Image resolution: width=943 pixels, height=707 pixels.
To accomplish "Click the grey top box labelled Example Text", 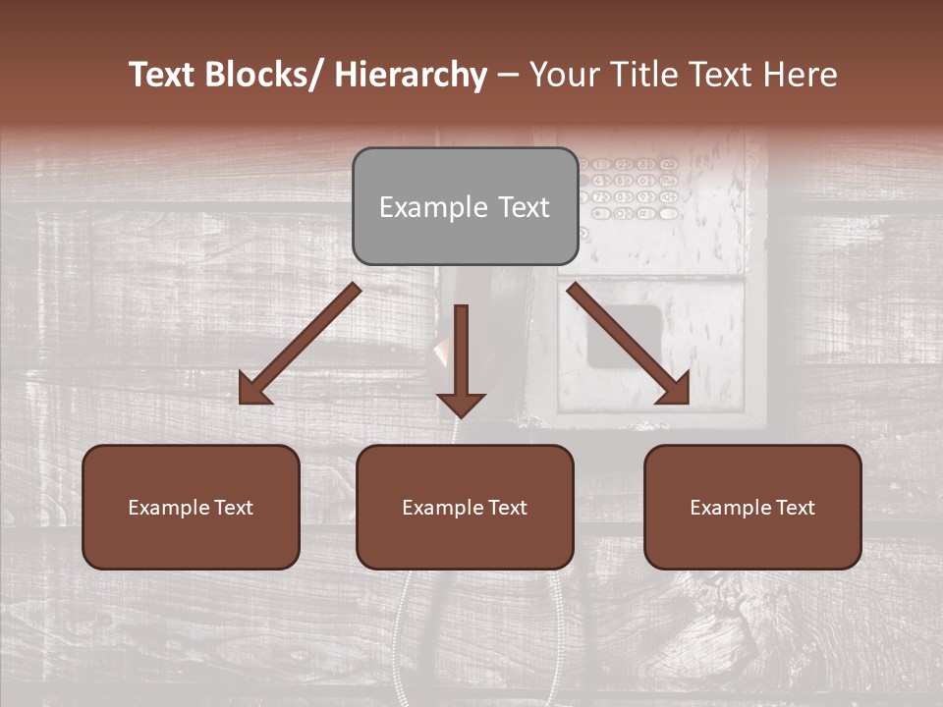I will click(465, 206).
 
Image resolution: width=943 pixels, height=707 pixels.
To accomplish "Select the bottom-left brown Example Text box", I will click(191, 507).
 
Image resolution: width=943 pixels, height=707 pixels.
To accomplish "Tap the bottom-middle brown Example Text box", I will click(465, 507).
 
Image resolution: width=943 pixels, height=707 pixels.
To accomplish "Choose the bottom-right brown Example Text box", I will click(752, 507).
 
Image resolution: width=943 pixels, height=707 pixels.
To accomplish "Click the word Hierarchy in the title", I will click(411, 75).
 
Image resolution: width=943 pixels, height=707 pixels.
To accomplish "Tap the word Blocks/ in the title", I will click(258, 75).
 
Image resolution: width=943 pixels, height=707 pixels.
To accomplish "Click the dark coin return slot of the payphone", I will click(624, 335).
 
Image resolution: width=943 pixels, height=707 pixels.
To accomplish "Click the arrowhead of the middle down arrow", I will click(461, 403).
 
